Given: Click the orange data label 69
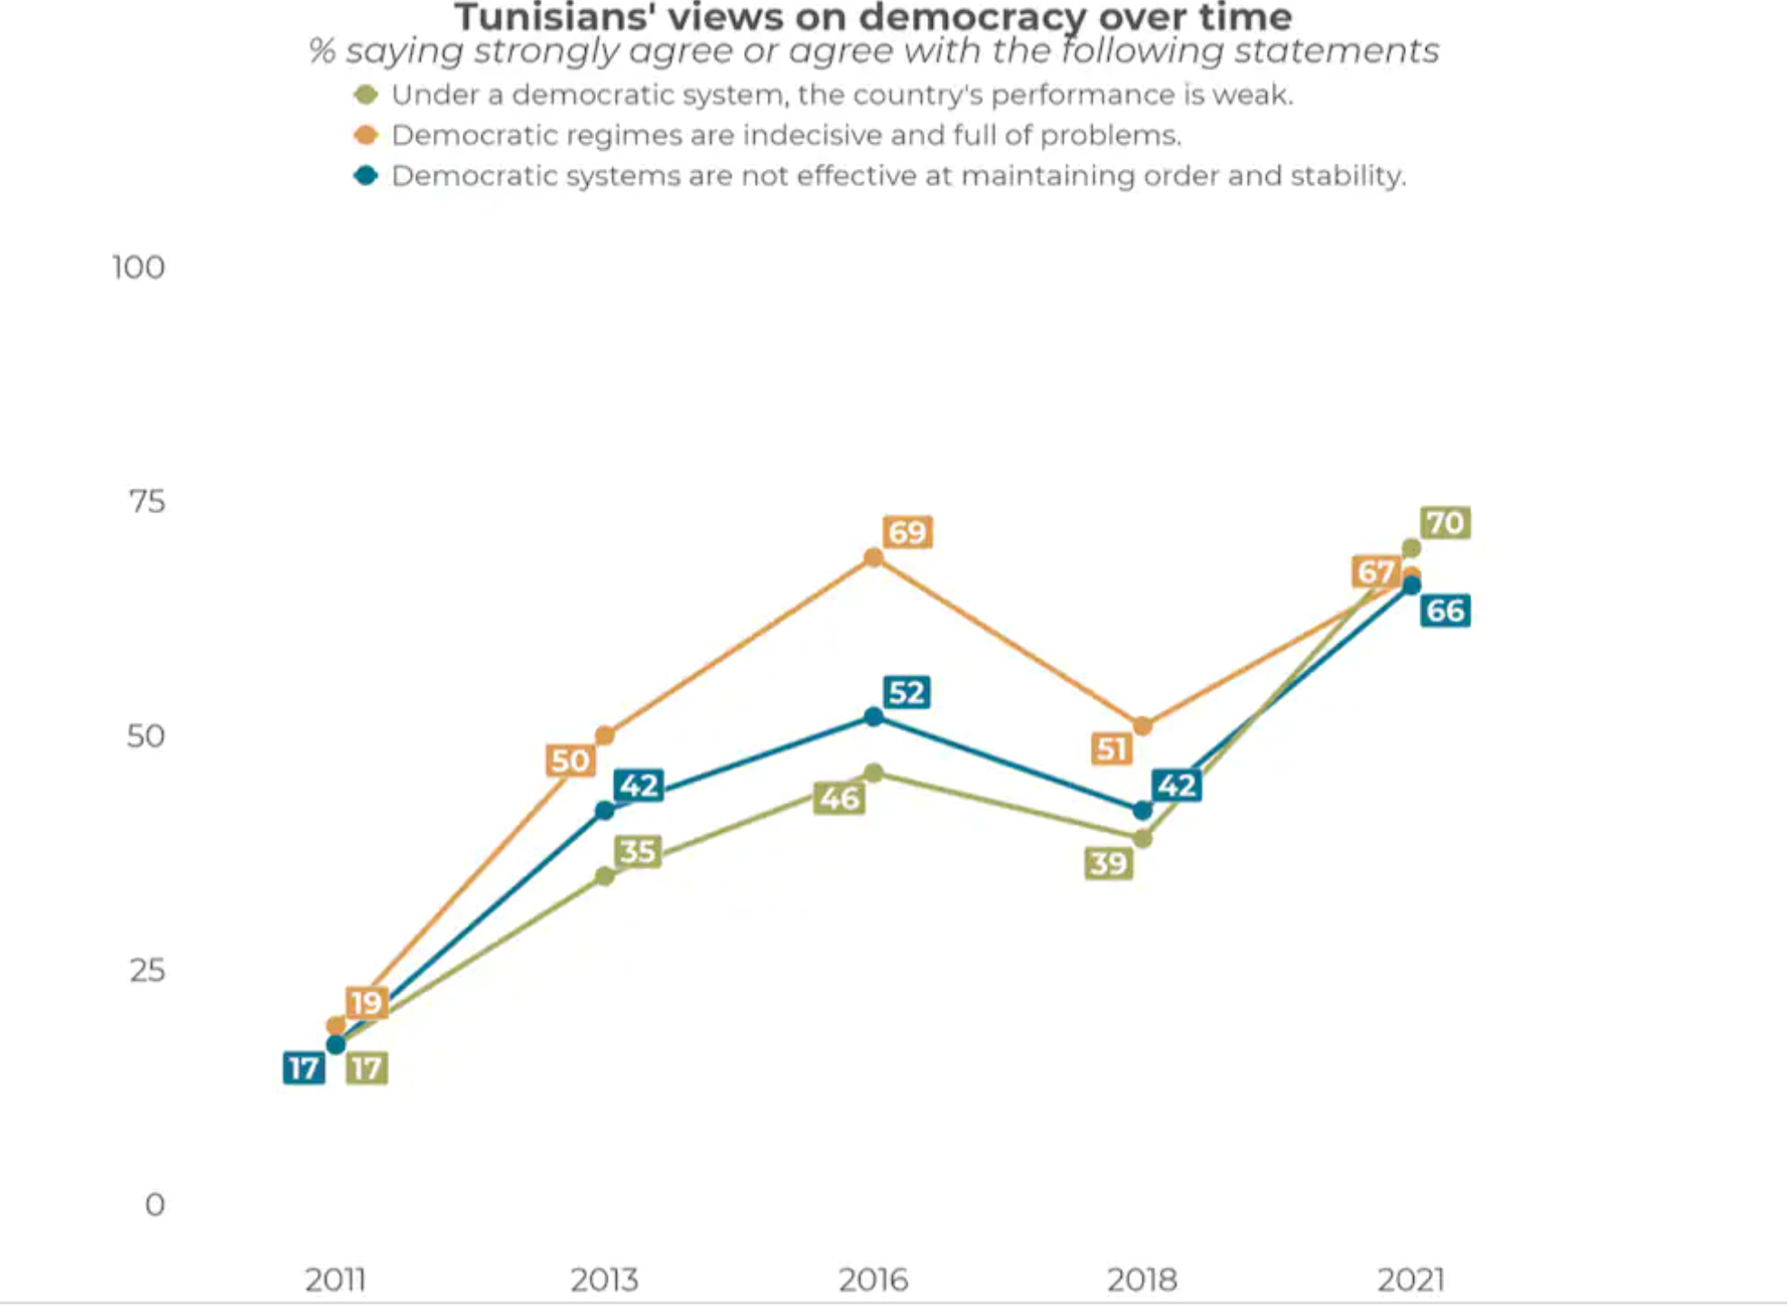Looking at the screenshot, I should pos(907,532).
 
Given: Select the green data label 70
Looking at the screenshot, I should pos(1445,522).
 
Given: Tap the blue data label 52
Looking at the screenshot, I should pos(907,692).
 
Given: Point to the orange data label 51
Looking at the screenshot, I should pos(1112,749).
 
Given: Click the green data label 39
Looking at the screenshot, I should pos(1108,864).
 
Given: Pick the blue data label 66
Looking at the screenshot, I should pos(1445,611).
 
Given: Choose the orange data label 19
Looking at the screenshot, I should pos(367,1002).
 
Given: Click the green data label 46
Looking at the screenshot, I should pos(839,798).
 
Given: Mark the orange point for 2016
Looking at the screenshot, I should pos(873,557).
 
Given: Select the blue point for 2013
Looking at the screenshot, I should pos(605,810).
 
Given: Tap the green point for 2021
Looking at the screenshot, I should pos(1410,548).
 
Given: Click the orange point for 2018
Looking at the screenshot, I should pos(1142,725).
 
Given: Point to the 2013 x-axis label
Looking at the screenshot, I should pos(604,1279).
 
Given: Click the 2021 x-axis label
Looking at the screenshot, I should pos(1410,1279).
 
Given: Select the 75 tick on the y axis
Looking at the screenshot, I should pos(147,501).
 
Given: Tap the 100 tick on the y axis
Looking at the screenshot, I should pos(138,267).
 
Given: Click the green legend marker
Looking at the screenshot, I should pos(366,95).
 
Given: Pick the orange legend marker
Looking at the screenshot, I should pos(366,135).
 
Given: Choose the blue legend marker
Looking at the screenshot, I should pos(366,175).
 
